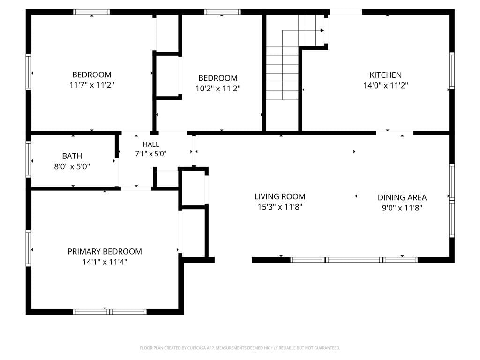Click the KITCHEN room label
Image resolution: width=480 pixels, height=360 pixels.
pos(385,75)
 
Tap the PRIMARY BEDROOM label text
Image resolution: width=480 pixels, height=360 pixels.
pos(105,252)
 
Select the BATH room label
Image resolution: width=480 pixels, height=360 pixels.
pos(72,156)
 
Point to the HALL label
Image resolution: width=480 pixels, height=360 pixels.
pos(151,144)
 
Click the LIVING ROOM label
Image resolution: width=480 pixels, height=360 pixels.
pos(280,196)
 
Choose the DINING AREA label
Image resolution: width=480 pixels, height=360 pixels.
pos(402,197)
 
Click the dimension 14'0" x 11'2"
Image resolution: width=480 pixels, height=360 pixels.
pos(386,86)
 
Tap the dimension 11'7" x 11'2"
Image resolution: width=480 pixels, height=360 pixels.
pos(92,85)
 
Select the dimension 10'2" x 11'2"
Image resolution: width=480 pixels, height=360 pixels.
pos(218,89)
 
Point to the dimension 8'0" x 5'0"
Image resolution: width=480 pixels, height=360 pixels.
pos(72,167)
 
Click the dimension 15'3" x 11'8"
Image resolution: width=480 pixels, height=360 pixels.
pos(280,207)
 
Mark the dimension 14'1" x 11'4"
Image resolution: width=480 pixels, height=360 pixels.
pos(105,262)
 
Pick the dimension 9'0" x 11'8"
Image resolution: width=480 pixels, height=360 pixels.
pos(402,208)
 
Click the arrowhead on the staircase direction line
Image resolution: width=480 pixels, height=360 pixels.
pos(322,30)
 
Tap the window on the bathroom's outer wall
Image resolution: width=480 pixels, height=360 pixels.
pos(29,159)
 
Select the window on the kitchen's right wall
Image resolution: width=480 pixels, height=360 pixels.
pos(452,71)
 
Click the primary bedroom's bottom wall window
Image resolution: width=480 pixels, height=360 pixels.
pos(110,312)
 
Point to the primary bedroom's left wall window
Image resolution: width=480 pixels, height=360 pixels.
pos(29,248)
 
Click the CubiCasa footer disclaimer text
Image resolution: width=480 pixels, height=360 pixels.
pos(240,348)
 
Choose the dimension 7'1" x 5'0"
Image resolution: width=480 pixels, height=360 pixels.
pos(151,154)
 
